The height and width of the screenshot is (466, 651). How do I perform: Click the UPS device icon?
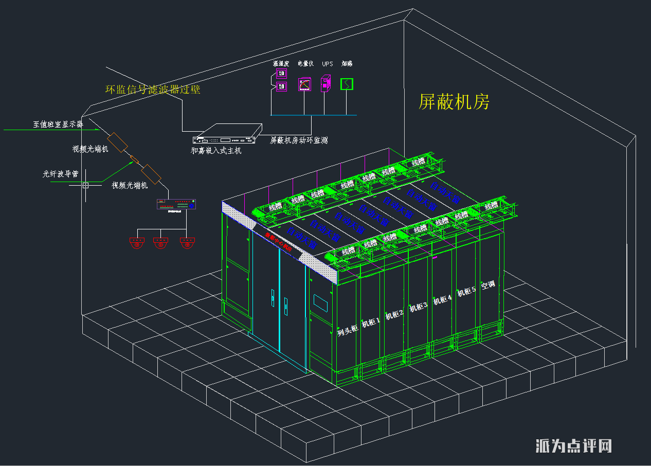[325, 84]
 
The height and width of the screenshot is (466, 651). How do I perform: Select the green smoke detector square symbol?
[347, 84]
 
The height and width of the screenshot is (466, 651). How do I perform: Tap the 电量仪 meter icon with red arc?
[304, 84]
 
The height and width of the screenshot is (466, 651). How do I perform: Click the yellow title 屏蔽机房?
[454, 102]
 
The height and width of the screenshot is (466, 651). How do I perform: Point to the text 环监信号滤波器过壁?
[153, 89]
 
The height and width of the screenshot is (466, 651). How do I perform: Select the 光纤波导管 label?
[60, 174]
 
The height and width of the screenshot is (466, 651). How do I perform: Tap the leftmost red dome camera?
[137, 243]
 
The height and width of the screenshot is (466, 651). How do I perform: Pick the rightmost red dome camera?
[187, 243]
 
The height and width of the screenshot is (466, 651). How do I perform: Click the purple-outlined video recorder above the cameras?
[177, 204]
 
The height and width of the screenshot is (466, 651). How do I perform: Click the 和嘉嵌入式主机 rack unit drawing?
[224, 135]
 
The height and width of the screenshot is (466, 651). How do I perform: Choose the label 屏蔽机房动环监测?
[299, 140]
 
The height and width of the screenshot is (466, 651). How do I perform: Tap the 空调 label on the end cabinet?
[488, 284]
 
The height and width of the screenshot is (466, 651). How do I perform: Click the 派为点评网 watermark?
[573, 445]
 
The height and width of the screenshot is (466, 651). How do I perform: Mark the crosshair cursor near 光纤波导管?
[85, 185]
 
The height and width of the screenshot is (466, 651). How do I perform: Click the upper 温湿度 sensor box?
[281, 74]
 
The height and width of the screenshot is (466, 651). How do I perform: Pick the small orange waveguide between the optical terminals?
[134, 157]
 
